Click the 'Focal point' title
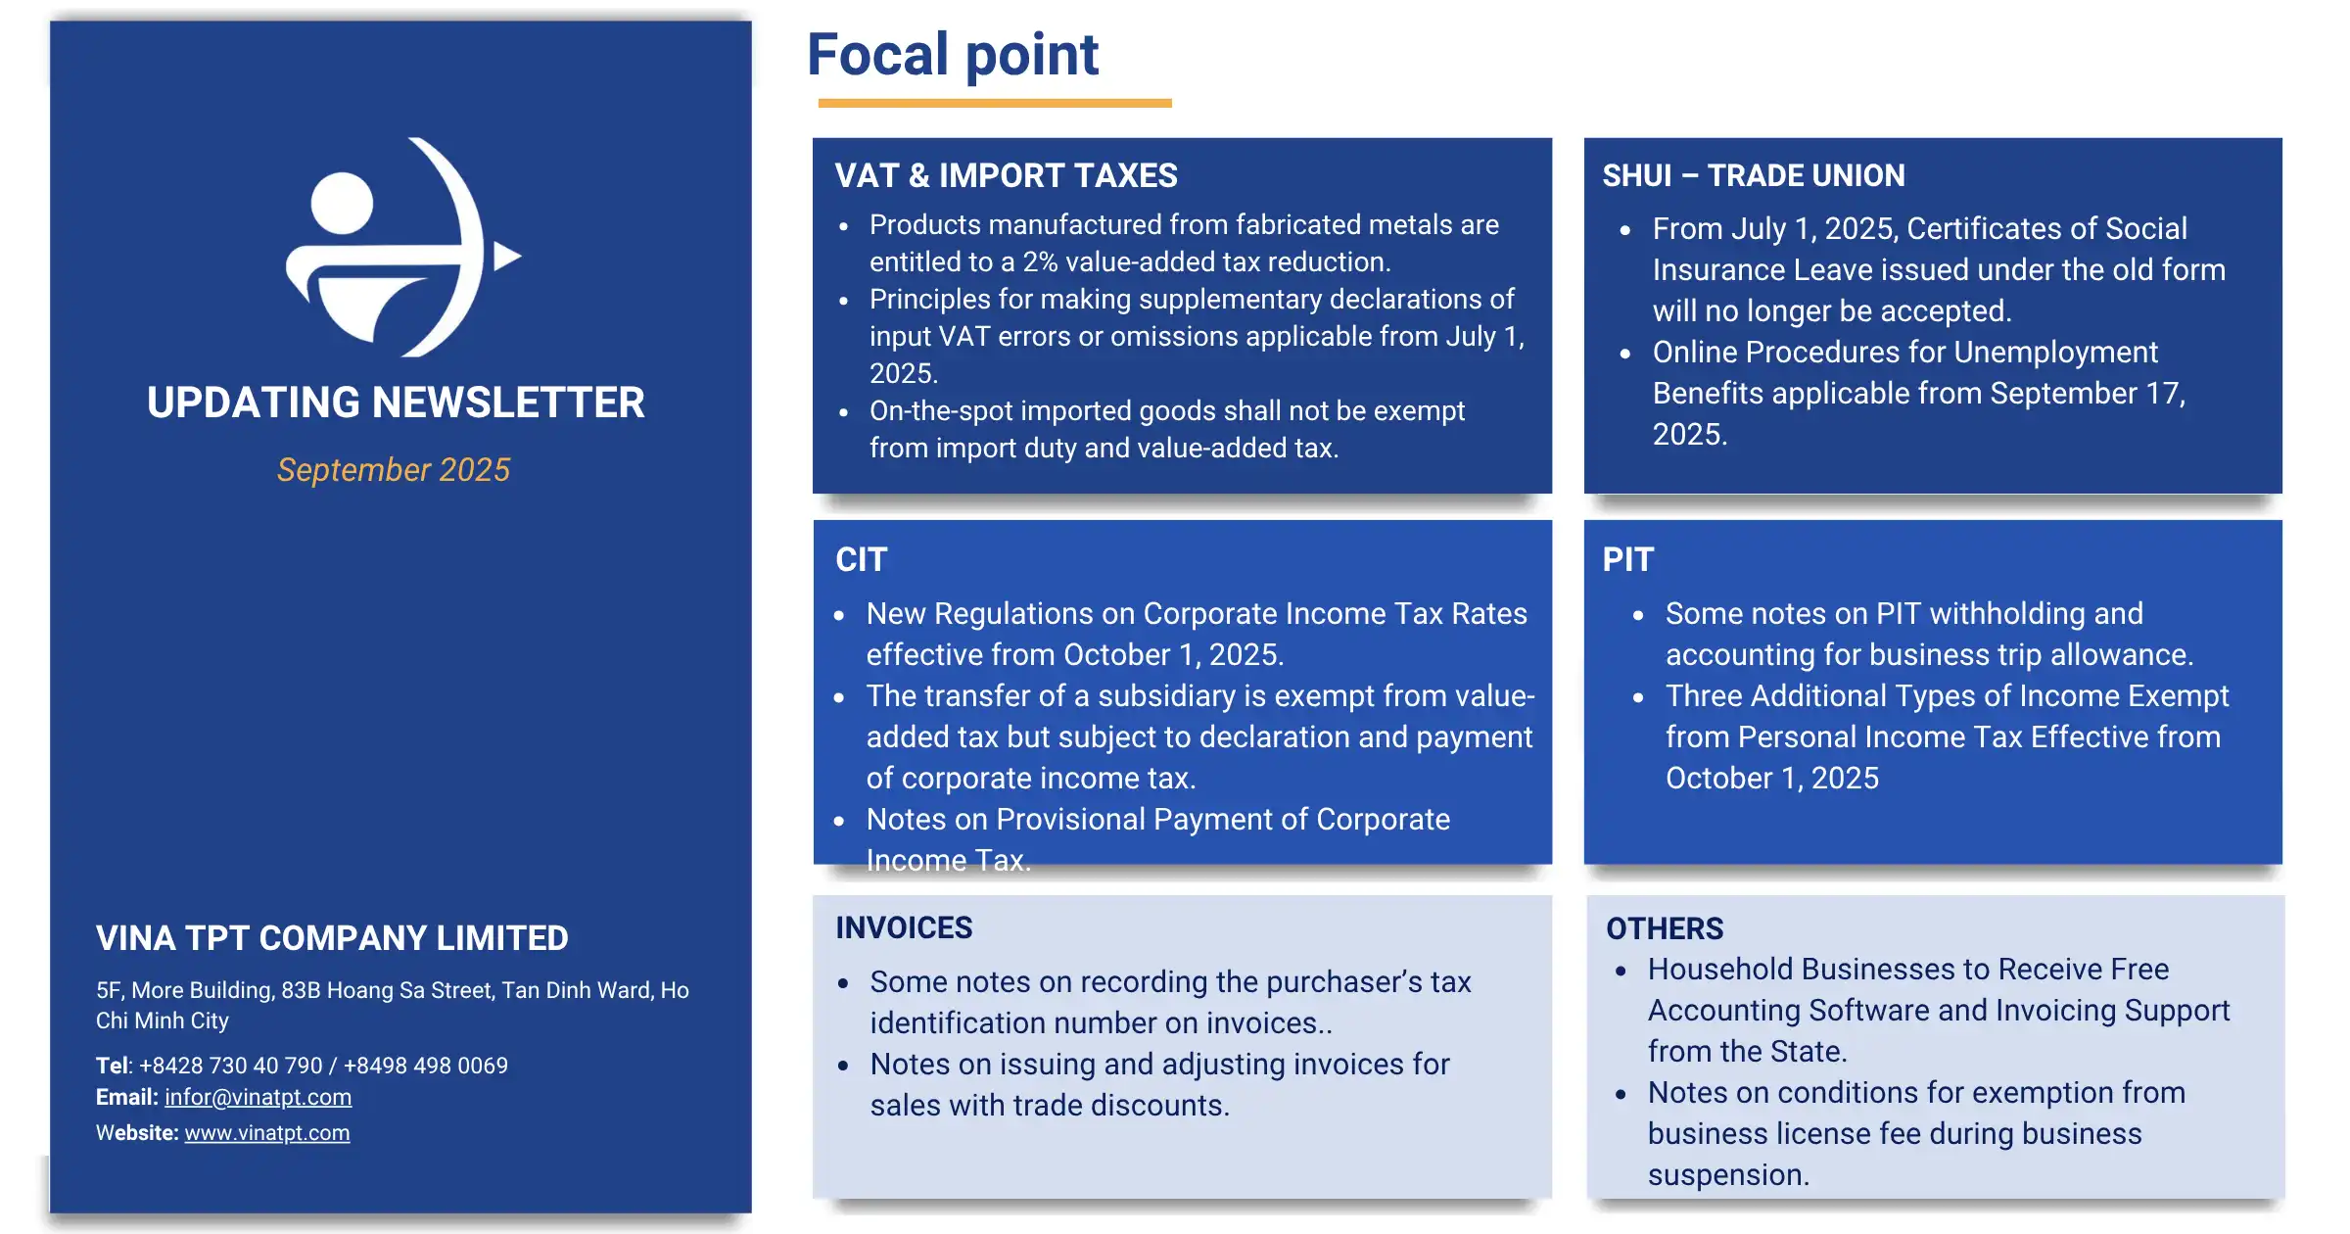pyautogui.click(x=952, y=55)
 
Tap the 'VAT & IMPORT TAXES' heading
pyautogui.click(x=1006, y=176)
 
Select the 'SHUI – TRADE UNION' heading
pyautogui.click(x=1753, y=176)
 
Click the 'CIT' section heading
pyautogui.click(x=861, y=560)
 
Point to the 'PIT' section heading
pyautogui.click(x=1627, y=560)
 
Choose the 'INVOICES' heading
pyautogui.click(x=903, y=928)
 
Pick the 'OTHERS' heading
pyautogui.click(x=1664, y=928)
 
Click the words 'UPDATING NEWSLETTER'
pyautogui.click(x=396, y=403)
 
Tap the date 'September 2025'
pyautogui.click(x=394, y=470)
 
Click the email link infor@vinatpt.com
pyautogui.click(x=258, y=1098)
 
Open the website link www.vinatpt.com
pyautogui.click(x=266, y=1133)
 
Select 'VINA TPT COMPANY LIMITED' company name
pyautogui.click(x=332, y=938)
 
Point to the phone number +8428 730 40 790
pyautogui.click(x=231, y=1066)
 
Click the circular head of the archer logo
pyautogui.click(x=342, y=203)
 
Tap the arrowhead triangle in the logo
pyautogui.click(x=504, y=257)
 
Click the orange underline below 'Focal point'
pyautogui.click(x=994, y=103)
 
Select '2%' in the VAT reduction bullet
pyautogui.click(x=1040, y=262)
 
